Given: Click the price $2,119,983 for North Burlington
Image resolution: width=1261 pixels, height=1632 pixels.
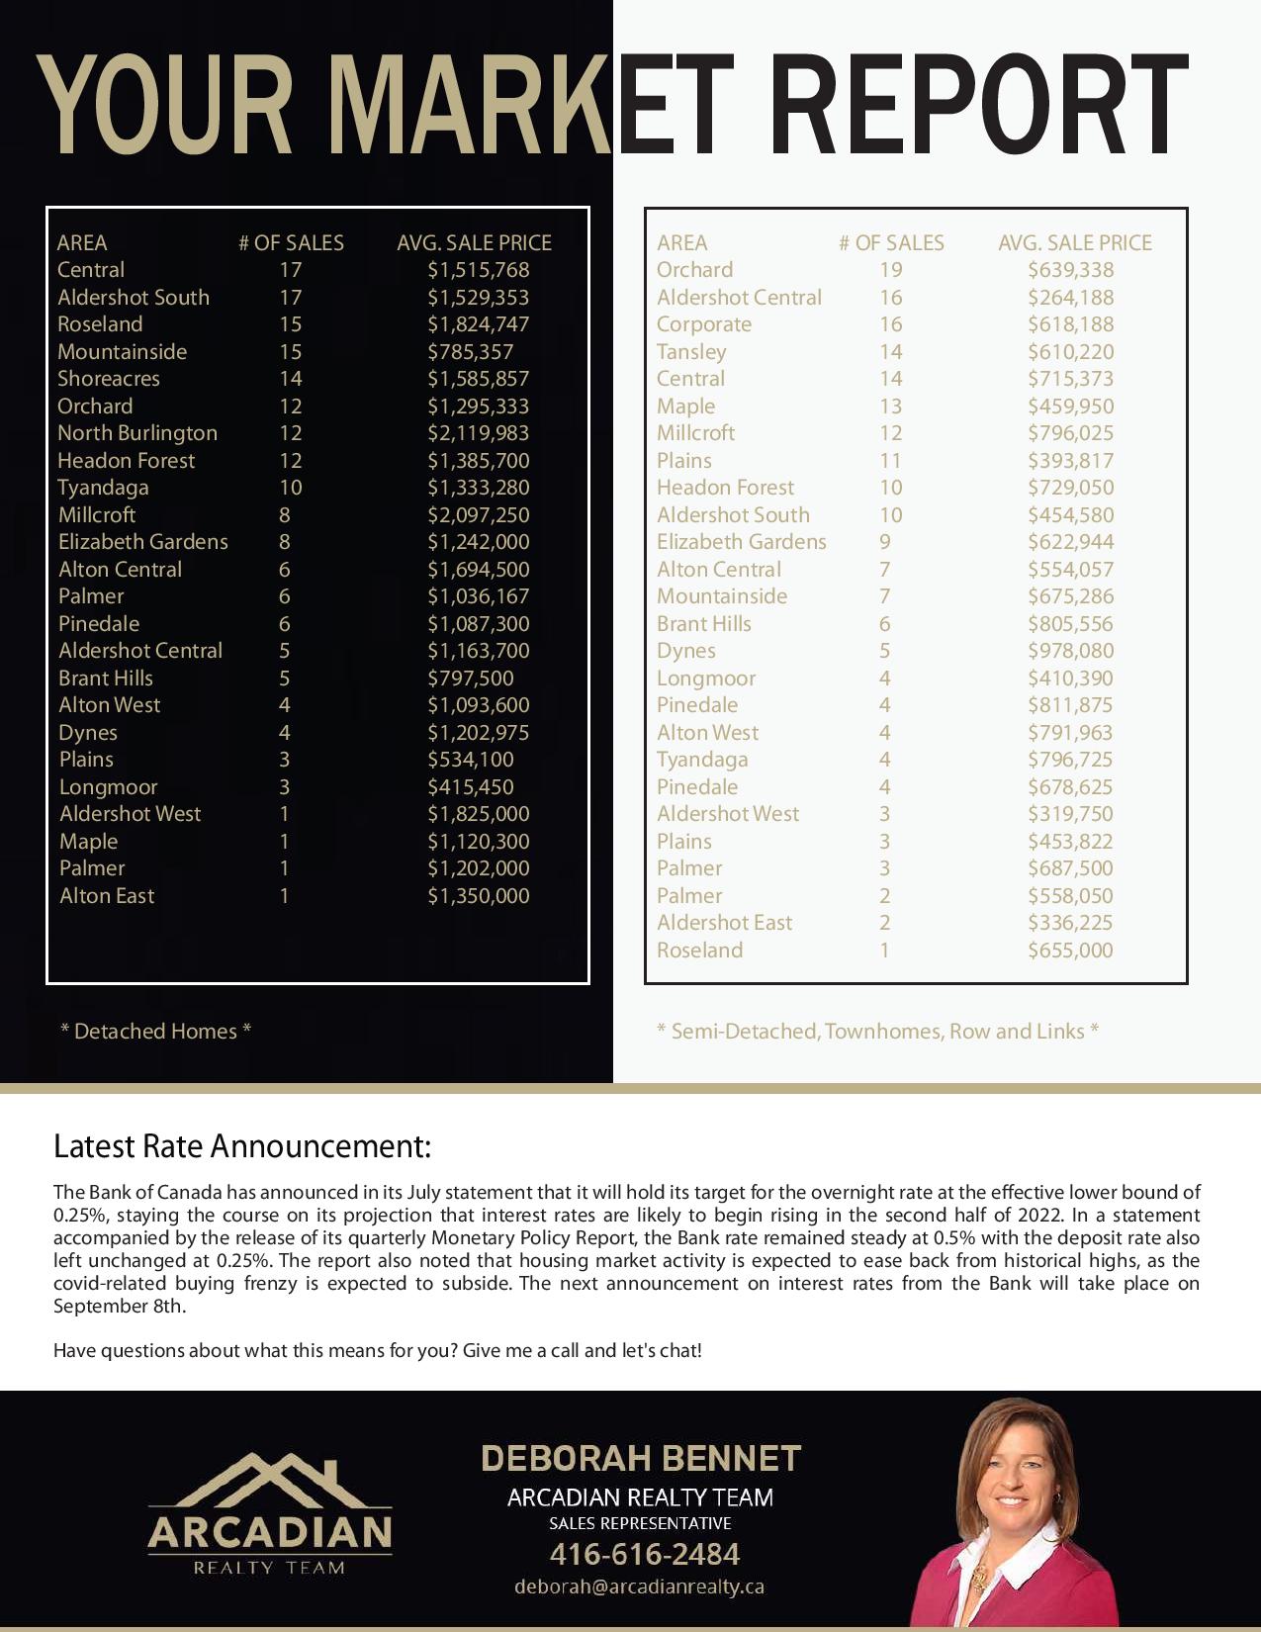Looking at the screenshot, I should click(478, 433).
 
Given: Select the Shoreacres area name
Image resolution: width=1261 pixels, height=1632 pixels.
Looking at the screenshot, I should click(108, 379).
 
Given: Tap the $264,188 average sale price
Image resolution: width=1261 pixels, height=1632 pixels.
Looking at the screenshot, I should click(1070, 298).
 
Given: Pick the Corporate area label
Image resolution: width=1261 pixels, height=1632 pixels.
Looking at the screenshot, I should click(703, 324).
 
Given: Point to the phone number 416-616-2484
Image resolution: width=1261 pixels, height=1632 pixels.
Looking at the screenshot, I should click(644, 1554).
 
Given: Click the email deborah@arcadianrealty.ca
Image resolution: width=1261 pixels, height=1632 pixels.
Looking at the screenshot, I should click(639, 1587).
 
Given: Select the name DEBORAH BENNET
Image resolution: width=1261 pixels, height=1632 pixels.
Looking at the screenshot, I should click(640, 1459).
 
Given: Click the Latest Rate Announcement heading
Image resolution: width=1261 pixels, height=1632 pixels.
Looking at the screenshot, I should click(242, 1146).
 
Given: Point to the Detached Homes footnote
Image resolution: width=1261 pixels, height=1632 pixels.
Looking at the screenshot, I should click(155, 1031).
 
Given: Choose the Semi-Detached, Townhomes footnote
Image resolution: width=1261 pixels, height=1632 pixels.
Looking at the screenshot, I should click(877, 1031).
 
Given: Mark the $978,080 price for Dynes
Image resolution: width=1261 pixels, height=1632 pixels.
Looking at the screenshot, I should click(1070, 651).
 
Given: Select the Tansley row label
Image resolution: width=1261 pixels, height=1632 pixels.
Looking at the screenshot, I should click(690, 352).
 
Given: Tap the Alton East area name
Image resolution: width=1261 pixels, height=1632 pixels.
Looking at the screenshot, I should click(107, 896).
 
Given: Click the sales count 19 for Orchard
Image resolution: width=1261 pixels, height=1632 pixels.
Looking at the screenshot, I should click(890, 270).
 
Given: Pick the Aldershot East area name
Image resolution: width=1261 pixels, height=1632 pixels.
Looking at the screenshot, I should click(724, 923).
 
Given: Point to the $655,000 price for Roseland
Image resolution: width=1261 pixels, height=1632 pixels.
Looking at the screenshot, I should click(1070, 951).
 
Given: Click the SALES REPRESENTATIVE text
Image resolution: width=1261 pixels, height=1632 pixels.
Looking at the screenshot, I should click(640, 1523).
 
